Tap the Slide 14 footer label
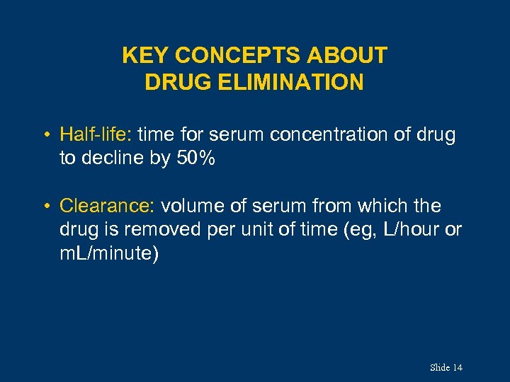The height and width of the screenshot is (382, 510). click(x=446, y=367)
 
